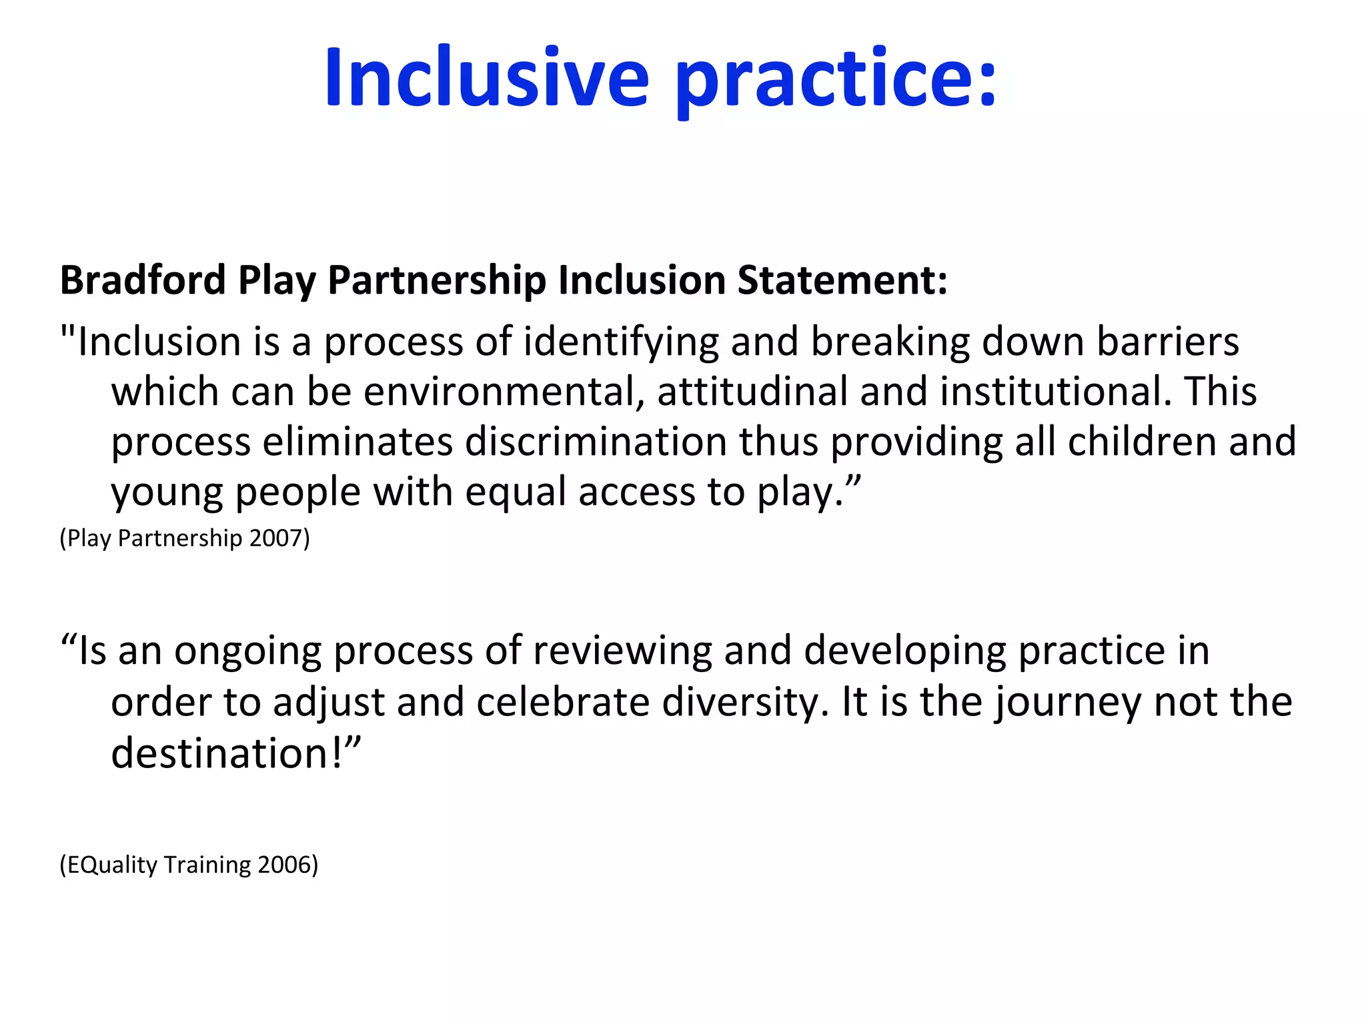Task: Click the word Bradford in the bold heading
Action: pyautogui.click(x=143, y=280)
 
